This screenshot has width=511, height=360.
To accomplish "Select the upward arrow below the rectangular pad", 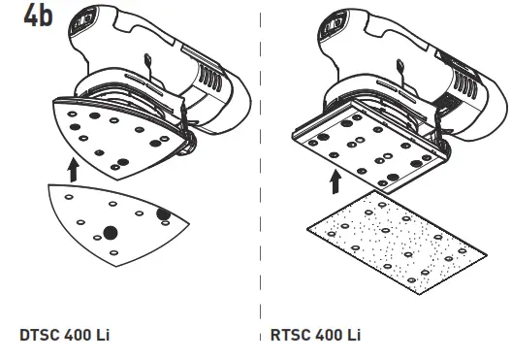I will pos(335,180).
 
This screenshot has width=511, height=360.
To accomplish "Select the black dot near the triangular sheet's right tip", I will pos(163,213).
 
